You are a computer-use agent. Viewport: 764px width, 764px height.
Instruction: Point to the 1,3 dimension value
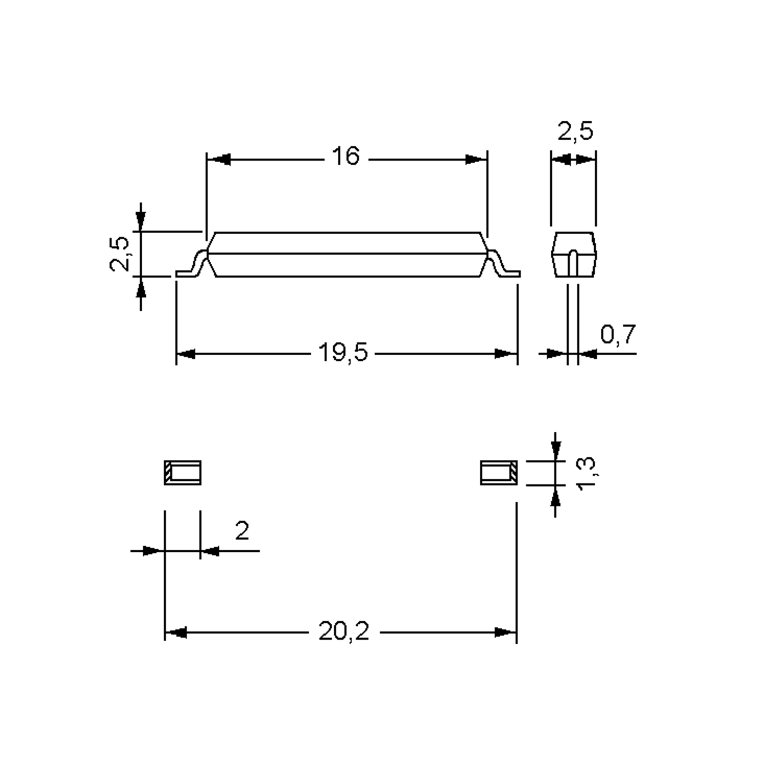(x=587, y=473)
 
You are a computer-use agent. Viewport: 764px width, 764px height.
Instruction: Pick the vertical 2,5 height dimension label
(x=119, y=254)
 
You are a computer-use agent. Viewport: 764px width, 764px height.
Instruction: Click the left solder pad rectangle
(x=183, y=472)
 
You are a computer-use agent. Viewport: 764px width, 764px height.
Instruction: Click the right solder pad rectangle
(x=499, y=472)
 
